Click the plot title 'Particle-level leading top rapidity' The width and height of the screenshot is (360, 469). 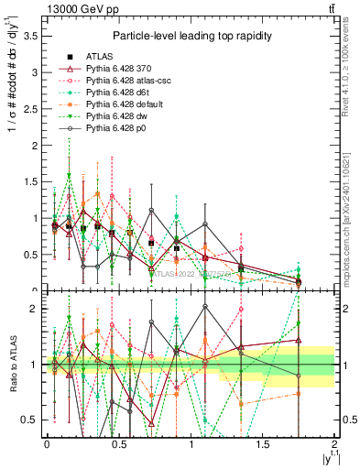(189, 35)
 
